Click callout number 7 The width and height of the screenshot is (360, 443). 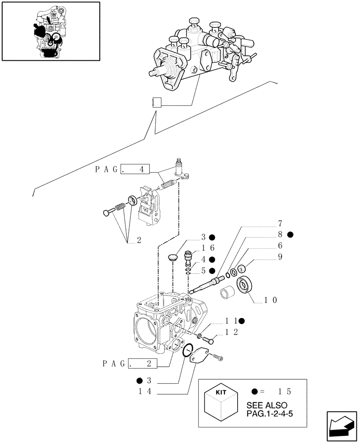pyautogui.click(x=280, y=223)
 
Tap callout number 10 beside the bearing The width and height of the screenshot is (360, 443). pyautogui.click(x=270, y=300)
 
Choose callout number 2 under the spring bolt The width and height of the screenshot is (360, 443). pyautogui.click(x=139, y=241)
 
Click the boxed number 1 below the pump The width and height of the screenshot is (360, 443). pyautogui.click(x=156, y=103)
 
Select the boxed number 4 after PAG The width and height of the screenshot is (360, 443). pyautogui.click(x=141, y=169)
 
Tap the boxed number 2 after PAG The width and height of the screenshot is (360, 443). pyautogui.click(x=149, y=364)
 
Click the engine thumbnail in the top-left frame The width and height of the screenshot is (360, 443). pyautogui.click(x=50, y=31)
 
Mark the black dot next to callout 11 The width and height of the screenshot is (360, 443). pyautogui.click(x=243, y=320)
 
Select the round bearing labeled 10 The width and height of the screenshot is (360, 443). pyautogui.click(x=245, y=284)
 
